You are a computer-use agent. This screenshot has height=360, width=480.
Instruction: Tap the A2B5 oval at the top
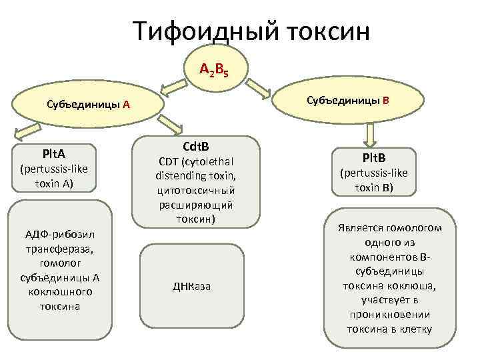tap(216, 68)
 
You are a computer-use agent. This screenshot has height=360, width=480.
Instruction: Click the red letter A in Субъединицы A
tap(126, 105)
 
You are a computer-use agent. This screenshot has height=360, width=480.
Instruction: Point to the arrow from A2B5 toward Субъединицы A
tap(173, 85)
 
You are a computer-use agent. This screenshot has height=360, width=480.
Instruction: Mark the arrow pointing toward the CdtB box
tap(175, 121)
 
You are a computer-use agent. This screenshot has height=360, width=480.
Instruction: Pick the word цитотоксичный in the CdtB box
tap(195, 190)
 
